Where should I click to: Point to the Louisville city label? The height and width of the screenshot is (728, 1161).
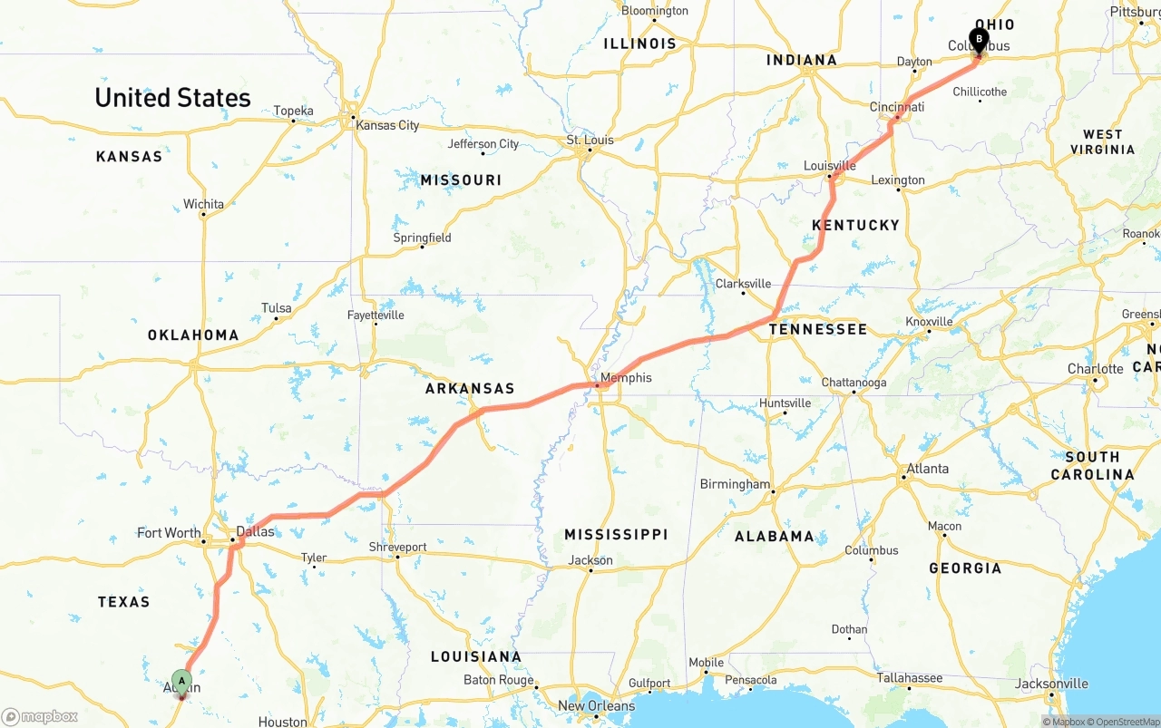(829, 166)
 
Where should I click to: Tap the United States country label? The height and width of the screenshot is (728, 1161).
(172, 98)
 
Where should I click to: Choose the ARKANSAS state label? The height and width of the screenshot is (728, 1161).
(470, 388)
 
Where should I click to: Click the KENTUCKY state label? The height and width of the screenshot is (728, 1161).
(855, 225)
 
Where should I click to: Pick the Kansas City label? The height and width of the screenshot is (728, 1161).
(387, 125)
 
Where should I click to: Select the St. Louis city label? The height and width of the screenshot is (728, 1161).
(590, 140)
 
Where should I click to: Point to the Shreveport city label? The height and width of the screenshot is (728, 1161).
(397, 547)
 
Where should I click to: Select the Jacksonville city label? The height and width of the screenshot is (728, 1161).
(1051, 684)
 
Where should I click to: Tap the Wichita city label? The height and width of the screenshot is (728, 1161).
(203, 204)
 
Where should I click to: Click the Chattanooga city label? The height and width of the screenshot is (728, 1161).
(854, 383)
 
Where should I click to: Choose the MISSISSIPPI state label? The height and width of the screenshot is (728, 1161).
(616, 534)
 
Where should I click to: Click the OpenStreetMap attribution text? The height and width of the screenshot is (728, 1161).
(1126, 722)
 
